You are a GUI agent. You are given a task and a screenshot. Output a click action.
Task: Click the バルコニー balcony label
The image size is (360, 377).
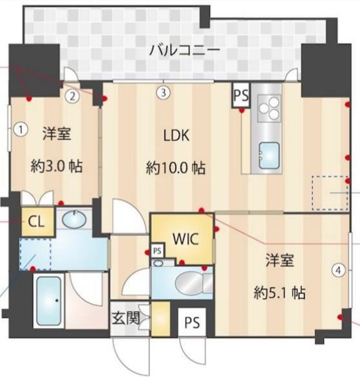(184, 49)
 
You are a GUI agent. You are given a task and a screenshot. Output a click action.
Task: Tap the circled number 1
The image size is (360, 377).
(21, 129)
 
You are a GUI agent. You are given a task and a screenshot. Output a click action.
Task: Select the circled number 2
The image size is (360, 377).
(73, 96)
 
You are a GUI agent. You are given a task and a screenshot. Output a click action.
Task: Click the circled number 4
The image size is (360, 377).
(337, 271)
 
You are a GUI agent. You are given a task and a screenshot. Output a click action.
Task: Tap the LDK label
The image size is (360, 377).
(175, 137)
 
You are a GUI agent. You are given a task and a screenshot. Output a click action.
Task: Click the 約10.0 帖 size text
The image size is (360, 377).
(175, 169)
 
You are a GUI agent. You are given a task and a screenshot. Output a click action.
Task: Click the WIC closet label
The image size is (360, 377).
(184, 237)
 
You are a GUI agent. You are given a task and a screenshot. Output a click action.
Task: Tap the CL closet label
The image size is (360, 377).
(35, 223)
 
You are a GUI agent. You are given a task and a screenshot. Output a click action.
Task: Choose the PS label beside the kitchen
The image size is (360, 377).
(241, 97)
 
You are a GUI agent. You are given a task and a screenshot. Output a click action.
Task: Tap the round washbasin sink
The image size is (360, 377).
(76, 221)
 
